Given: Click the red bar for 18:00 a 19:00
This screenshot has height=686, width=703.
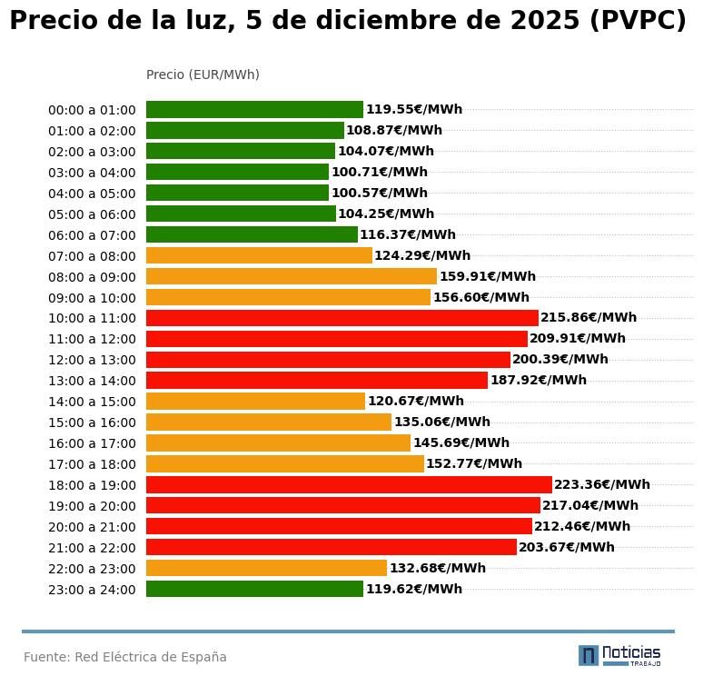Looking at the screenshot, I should (349, 485).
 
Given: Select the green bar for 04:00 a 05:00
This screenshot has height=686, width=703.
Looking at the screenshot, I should (237, 193).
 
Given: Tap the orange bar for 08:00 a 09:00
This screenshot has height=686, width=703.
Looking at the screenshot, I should (292, 276).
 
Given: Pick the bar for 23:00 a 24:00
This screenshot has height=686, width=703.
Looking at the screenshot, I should (254, 589).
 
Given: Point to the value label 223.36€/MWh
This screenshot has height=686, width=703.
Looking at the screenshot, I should (602, 485).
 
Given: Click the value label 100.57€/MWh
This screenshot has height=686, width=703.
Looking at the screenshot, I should (379, 193).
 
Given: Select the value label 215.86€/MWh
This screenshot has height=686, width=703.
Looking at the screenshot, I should (589, 318).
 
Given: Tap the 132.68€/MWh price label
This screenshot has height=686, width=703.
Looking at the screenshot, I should (437, 569).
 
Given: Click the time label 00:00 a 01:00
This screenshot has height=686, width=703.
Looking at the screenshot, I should (92, 110).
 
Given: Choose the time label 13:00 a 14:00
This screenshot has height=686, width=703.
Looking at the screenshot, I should (92, 381).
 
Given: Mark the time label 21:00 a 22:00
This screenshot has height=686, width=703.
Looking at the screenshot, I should (92, 548).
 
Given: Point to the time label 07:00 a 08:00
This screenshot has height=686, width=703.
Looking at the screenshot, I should (92, 256).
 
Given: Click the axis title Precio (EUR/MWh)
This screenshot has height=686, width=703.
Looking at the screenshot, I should (203, 75).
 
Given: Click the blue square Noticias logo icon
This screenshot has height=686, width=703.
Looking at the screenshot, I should (589, 655).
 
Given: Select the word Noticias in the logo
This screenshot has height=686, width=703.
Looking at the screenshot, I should (631, 652).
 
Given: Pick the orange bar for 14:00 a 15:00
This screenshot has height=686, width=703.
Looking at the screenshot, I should (255, 402).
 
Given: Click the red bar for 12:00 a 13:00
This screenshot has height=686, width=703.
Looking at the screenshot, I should (328, 360).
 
